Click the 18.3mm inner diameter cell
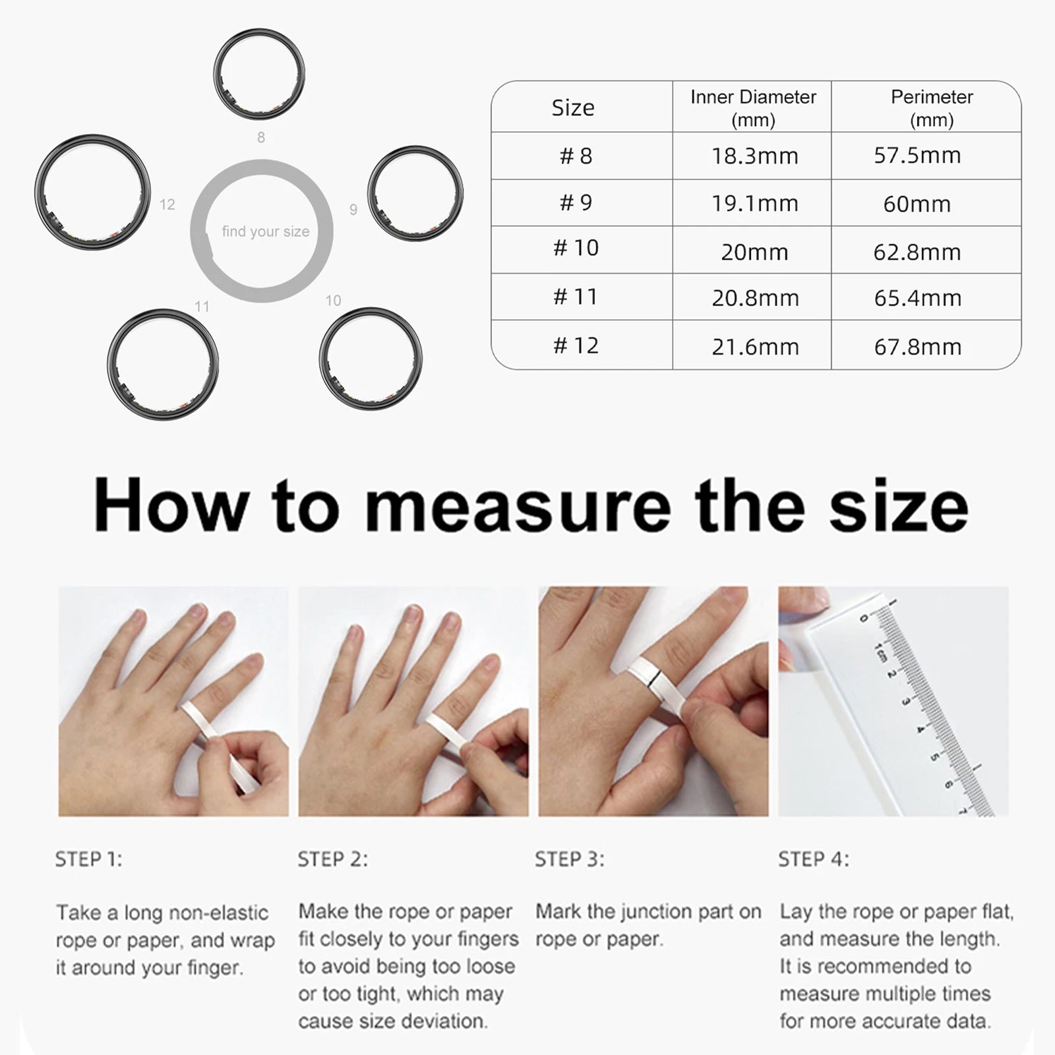coord(754,156)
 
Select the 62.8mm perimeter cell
coord(917,252)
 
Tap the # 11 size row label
coord(575,297)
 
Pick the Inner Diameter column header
coord(753,107)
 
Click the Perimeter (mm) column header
coord(931,107)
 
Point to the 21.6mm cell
coord(755,347)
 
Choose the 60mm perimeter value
coord(917,204)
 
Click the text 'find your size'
coord(265,231)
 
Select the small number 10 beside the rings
coord(333,301)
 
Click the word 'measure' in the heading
coord(518,506)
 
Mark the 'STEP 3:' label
coord(569,859)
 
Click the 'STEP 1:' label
coord(88,859)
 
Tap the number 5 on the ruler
coord(934,756)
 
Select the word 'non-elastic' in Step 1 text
coord(218,913)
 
